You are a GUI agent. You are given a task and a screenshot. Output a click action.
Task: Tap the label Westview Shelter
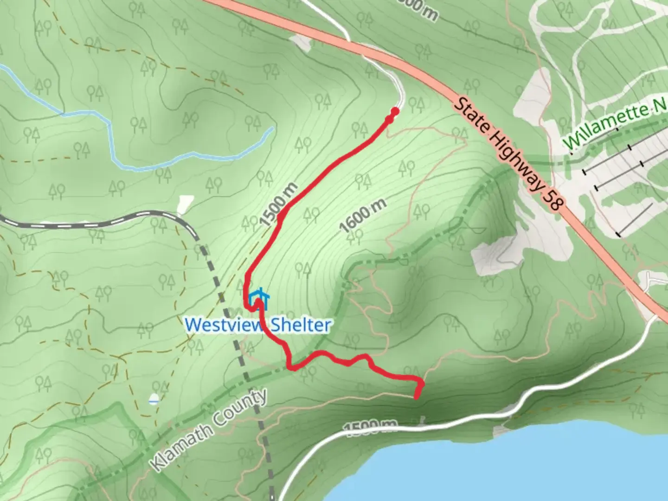click(x=257, y=325)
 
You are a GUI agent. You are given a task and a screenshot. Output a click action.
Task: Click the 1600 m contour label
click(x=363, y=216)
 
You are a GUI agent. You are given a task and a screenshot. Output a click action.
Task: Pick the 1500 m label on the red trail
click(x=278, y=204)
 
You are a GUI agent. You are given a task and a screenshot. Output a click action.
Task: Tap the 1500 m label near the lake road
click(x=371, y=428)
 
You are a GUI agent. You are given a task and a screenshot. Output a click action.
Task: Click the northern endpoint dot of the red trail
click(x=395, y=111)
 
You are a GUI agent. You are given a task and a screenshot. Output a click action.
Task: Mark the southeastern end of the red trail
click(x=417, y=396)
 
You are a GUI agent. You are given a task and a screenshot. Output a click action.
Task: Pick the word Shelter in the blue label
click(x=300, y=325)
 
